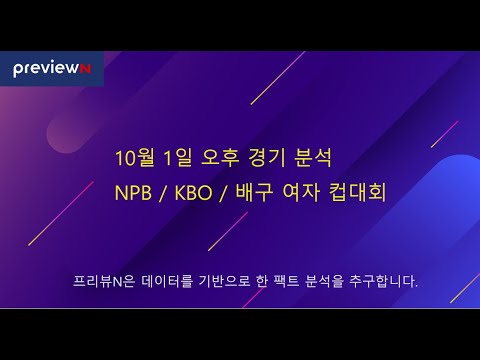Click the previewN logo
pyautogui.click(x=51, y=68)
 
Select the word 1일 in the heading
pyautogui.click(x=180, y=158)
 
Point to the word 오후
pyautogui.click(x=223, y=158)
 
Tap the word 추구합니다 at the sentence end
pyautogui.click(x=384, y=281)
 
